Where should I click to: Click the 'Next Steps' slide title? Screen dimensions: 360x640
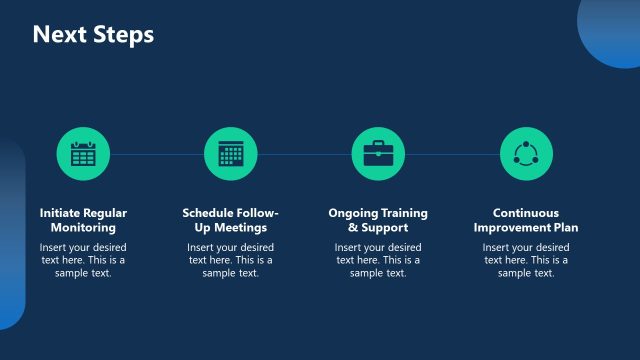tap(93, 35)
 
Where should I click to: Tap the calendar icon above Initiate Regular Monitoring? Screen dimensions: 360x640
tap(83, 154)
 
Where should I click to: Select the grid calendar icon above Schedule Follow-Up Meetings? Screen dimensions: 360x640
tap(231, 154)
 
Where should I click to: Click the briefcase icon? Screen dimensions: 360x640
tap(378, 154)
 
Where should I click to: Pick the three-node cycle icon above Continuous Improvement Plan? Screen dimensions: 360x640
tap(526, 154)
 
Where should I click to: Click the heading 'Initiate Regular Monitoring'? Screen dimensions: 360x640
tap(83, 220)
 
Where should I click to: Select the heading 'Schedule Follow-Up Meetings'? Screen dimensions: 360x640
tap(231, 220)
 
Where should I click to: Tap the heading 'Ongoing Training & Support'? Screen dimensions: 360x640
tap(378, 220)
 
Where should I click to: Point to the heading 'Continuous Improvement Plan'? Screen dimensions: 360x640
tap(526, 220)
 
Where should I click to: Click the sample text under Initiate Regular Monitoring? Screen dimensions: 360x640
tap(83, 260)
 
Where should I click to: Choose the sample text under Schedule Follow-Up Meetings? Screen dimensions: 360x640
tap(231, 260)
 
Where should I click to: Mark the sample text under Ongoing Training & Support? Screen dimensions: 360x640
tap(378, 260)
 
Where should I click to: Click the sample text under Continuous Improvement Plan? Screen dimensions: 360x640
tap(526, 260)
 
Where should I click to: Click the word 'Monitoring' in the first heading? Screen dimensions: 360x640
tap(83, 228)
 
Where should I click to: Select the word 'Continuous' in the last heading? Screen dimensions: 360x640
tap(526, 213)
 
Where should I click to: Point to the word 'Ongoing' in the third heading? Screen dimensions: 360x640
tap(352, 213)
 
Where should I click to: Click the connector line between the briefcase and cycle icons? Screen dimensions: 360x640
tap(452, 154)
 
